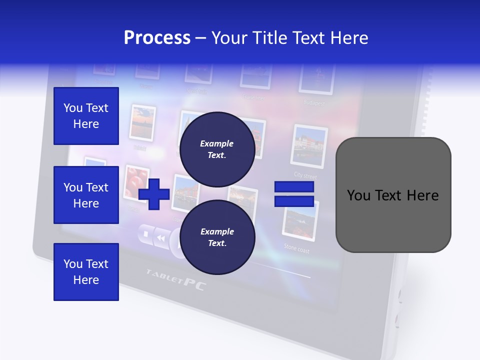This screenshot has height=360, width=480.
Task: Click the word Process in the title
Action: pos(157,38)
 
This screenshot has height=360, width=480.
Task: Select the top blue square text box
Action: pos(86,116)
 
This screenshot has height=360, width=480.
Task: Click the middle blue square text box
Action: pos(86,195)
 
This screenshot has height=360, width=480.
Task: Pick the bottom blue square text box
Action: pos(86,272)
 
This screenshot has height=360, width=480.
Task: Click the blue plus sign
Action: pos(154,194)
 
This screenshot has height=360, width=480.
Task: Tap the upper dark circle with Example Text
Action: pos(217,149)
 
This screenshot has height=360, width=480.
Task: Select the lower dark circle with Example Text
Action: pos(217,237)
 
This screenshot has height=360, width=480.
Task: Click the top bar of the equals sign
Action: pos(294,187)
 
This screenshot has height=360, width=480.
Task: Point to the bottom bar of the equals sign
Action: pos(294,201)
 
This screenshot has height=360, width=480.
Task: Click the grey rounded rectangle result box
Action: pos(393,195)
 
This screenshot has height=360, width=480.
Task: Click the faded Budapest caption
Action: pos(314,103)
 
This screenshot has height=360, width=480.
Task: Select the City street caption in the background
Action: pos(305,175)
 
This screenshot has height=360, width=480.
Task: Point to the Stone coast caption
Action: pos(297,247)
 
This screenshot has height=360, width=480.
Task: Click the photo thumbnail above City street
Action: pos(309,146)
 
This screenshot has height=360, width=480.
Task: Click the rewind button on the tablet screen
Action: pos(160,238)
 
